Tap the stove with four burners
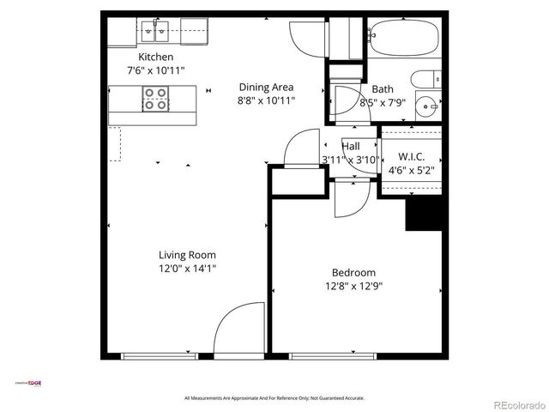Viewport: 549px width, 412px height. [x=155, y=100]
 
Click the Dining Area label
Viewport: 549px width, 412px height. [x=266, y=87]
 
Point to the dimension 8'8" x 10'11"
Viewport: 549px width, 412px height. [x=266, y=100]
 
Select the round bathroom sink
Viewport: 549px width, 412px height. [x=426, y=107]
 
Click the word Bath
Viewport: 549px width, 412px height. [x=383, y=89]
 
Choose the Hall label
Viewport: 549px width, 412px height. [x=351, y=146]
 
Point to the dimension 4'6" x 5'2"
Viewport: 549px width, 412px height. [x=412, y=170]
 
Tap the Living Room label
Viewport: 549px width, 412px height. [x=187, y=255]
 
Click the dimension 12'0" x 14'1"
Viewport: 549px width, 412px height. [x=187, y=269]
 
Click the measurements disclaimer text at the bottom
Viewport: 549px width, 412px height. [x=274, y=398]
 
